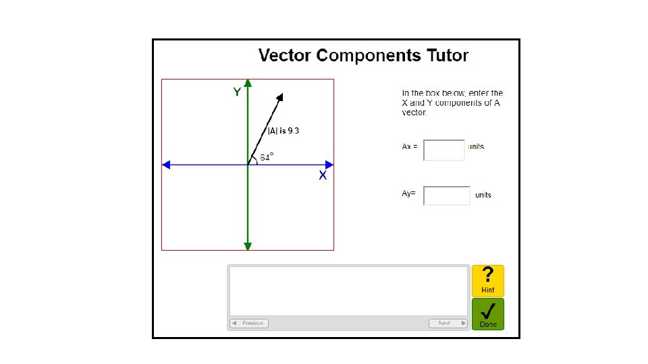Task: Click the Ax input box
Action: point(444,150)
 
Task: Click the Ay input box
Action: point(446,195)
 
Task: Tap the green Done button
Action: point(488,314)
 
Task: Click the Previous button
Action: point(249,324)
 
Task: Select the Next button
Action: point(448,324)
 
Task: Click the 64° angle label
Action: point(267,157)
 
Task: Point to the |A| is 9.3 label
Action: point(283,131)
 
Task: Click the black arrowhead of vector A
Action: point(280,98)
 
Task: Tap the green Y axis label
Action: point(237,92)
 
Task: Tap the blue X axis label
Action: point(323,175)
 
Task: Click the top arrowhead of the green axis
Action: point(248,84)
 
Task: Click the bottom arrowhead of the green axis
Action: point(248,246)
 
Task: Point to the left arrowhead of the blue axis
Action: point(166,164)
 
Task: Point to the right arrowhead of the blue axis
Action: point(329,164)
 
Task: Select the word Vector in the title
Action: point(286,55)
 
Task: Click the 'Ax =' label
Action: point(410,146)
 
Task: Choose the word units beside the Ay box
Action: point(483,195)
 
